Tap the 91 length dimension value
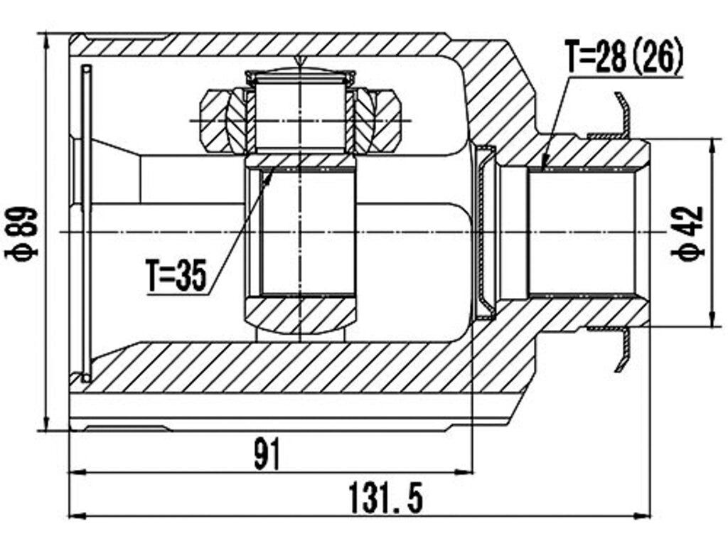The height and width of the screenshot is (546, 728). [x=268, y=454]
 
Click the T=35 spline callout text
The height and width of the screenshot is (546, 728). [x=176, y=276]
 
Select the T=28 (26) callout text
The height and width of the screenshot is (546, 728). [x=624, y=55]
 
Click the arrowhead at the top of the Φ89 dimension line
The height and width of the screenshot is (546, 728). [x=46, y=42]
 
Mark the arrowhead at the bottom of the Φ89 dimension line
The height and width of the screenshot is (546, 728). [x=46, y=422]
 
